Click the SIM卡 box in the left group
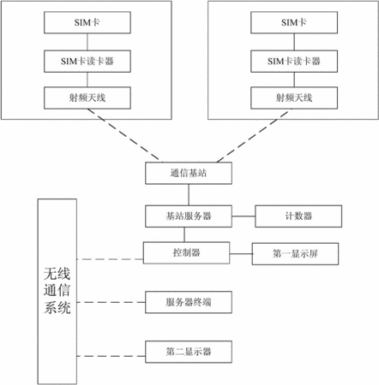pyautogui.click(x=87, y=22)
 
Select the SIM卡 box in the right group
pyautogui.click(x=294, y=22)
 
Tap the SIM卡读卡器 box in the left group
pyautogui.click(x=87, y=62)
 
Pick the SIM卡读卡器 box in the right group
pyautogui.click(x=294, y=62)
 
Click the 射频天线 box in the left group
pyautogui.click(x=87, y=98)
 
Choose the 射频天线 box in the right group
pyautogui.click(x=294, y=98)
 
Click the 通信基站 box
pyautogui.click(x=189, y=173)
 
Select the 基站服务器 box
pyautogui.click(x=189, y=216)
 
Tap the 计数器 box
pyautogui.click(x=298, y=216)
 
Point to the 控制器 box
pyautogui.click(x=186, y=252)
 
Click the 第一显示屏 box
pyautogui.click(x=295, y=254)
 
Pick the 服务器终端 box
pyautogui.click(x=189, y=302)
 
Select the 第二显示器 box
pyautogui.click(x=189, y=352)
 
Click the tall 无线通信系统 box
pyautogui.click(x=57, y=292)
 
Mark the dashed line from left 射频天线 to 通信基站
pyautogui.click(x=123, y=134)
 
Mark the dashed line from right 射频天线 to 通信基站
pyautogui.click(x=253, y=136)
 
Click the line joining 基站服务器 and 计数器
pyautogui.click(x=244, y=216)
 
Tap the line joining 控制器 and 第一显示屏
pyautogui.click(x=241, y=254)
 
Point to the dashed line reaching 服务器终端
pyautogui.click(x=111, y=302)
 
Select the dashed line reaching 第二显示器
pyautogui.click(x=111, y=356)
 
